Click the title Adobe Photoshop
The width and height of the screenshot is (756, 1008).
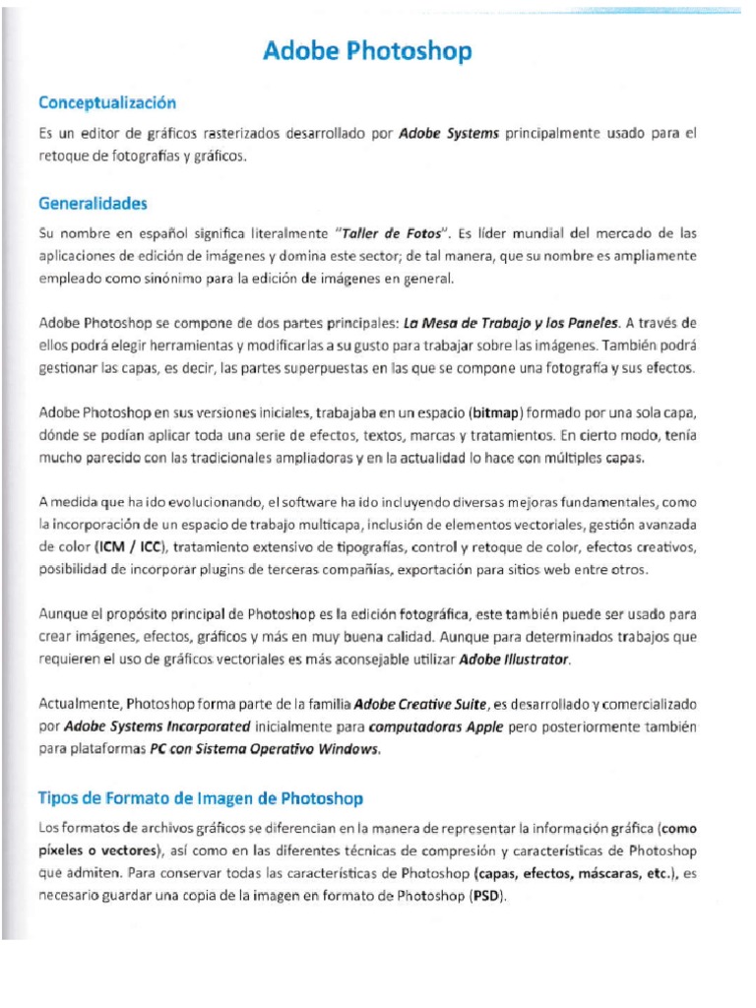point(367,51)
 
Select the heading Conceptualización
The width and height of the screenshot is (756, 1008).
point(106,102)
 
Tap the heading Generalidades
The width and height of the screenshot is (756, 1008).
point(93,204)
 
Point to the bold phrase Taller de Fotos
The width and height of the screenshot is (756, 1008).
point(388,234)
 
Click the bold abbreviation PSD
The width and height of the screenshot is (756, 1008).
point(487,896)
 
